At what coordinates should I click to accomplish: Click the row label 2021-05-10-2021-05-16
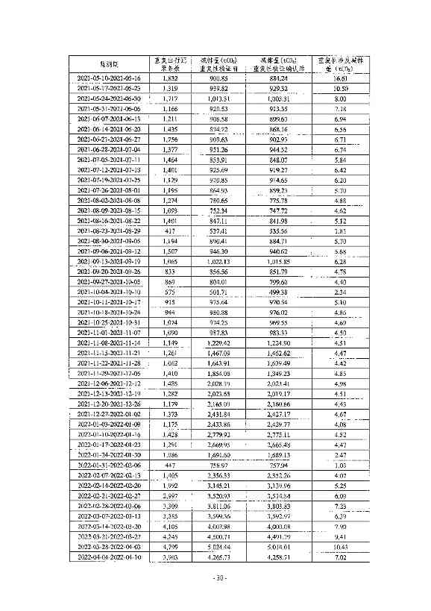point(109,78)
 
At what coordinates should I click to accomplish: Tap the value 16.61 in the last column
point(341,78)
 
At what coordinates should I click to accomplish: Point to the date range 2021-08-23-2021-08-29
point(109,232)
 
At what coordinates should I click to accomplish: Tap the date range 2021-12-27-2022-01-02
point(109,413)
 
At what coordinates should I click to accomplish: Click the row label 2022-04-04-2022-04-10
point(109,557)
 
